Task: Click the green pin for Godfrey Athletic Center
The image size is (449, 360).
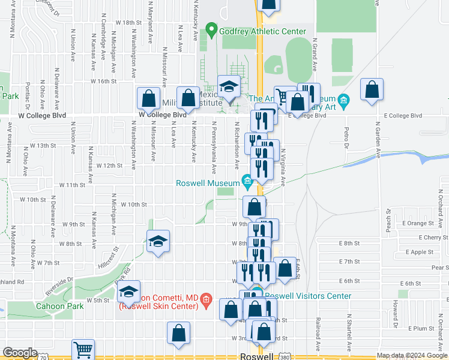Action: (x=211, y=29)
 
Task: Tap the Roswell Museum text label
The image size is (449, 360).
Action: (x=207, y=184)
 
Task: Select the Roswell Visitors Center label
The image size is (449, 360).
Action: (x=308, y=296)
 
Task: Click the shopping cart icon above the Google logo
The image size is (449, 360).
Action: (x=83, y=349)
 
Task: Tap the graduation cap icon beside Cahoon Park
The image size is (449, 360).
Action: (x=129, y=291)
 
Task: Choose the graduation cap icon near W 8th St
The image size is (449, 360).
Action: (x=158, y=241)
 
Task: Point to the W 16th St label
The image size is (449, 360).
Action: (x=103, y=81)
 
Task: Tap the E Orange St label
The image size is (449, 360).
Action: (x=409, y=223)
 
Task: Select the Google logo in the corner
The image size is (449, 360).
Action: (x=20, y=353)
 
